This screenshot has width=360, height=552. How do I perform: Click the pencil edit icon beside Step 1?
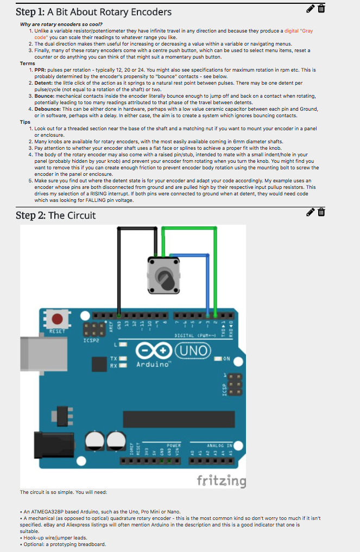point(311,8)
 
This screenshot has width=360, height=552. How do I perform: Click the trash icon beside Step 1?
point(321,8)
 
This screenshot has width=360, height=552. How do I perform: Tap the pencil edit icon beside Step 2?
point(311,212)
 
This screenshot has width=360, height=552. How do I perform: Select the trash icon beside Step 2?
point(321,212)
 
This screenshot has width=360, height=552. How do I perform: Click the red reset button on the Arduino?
point(56,318)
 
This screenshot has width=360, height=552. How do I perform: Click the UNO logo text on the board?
point(193,350)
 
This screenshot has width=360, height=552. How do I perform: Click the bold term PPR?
point(40,70)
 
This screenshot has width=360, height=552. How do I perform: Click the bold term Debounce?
point(47,109)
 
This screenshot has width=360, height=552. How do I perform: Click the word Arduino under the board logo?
point(153,364)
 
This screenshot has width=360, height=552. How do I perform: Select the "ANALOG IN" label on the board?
point(219,445)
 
